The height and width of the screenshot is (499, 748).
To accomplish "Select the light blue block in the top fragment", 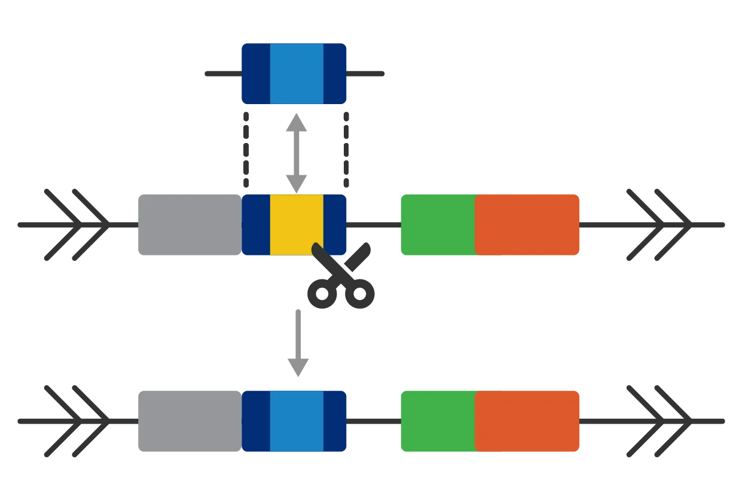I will tap(297, 74).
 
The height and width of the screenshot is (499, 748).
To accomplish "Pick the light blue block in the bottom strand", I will tap(297, 421).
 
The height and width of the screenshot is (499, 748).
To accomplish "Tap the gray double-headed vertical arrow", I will tap(297, 150).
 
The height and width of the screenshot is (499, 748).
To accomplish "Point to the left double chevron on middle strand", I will tap(76, 224).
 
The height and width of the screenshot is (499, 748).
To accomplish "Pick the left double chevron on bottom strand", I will tap(76, 421).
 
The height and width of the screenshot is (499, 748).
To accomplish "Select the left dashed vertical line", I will tap(245, 150).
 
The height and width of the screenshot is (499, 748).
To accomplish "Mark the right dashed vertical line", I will tap(344, 150).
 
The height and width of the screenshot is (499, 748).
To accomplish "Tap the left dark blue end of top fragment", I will tap(255, 74).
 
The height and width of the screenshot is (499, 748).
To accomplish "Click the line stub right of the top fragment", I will tap(367, 72).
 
